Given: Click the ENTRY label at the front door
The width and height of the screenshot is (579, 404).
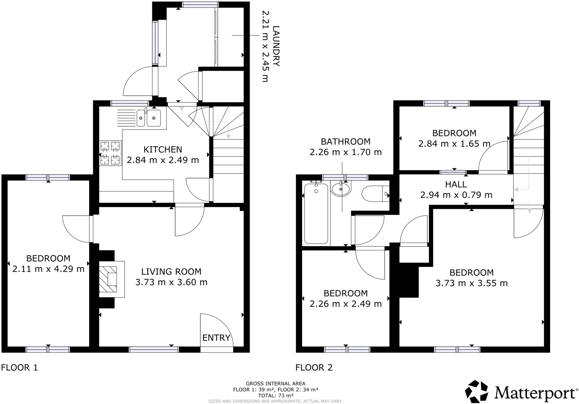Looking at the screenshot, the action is [217, 338].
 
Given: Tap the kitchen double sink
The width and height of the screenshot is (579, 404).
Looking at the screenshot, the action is [149, 118].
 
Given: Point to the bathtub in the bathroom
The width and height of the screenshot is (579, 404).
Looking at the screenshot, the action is [316, 213].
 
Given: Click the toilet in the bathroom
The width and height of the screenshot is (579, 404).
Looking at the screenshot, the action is [375, 193].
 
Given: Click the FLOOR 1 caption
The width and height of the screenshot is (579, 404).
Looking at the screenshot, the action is [19, 367].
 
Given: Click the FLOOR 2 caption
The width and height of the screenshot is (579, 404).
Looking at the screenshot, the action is [314, 367].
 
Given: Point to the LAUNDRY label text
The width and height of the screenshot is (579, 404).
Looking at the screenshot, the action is [276, 46].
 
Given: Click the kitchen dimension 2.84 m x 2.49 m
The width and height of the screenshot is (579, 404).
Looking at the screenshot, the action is [163, 160].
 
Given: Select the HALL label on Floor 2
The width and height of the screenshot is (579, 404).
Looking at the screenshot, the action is [456, 184].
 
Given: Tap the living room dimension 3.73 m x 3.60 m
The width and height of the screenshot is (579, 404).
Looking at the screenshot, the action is [171, 282].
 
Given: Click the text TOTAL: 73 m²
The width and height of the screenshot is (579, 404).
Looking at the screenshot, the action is [276, 396].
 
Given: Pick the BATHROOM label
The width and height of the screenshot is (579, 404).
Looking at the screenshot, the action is [345, 141].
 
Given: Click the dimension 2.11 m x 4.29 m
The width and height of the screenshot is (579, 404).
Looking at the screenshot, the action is [48, 269].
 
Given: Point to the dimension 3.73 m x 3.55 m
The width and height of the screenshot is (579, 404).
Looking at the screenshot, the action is [472, 283].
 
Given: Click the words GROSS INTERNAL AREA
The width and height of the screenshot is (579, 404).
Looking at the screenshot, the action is [276, 383].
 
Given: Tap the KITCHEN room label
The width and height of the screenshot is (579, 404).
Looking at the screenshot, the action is [163, 149].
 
